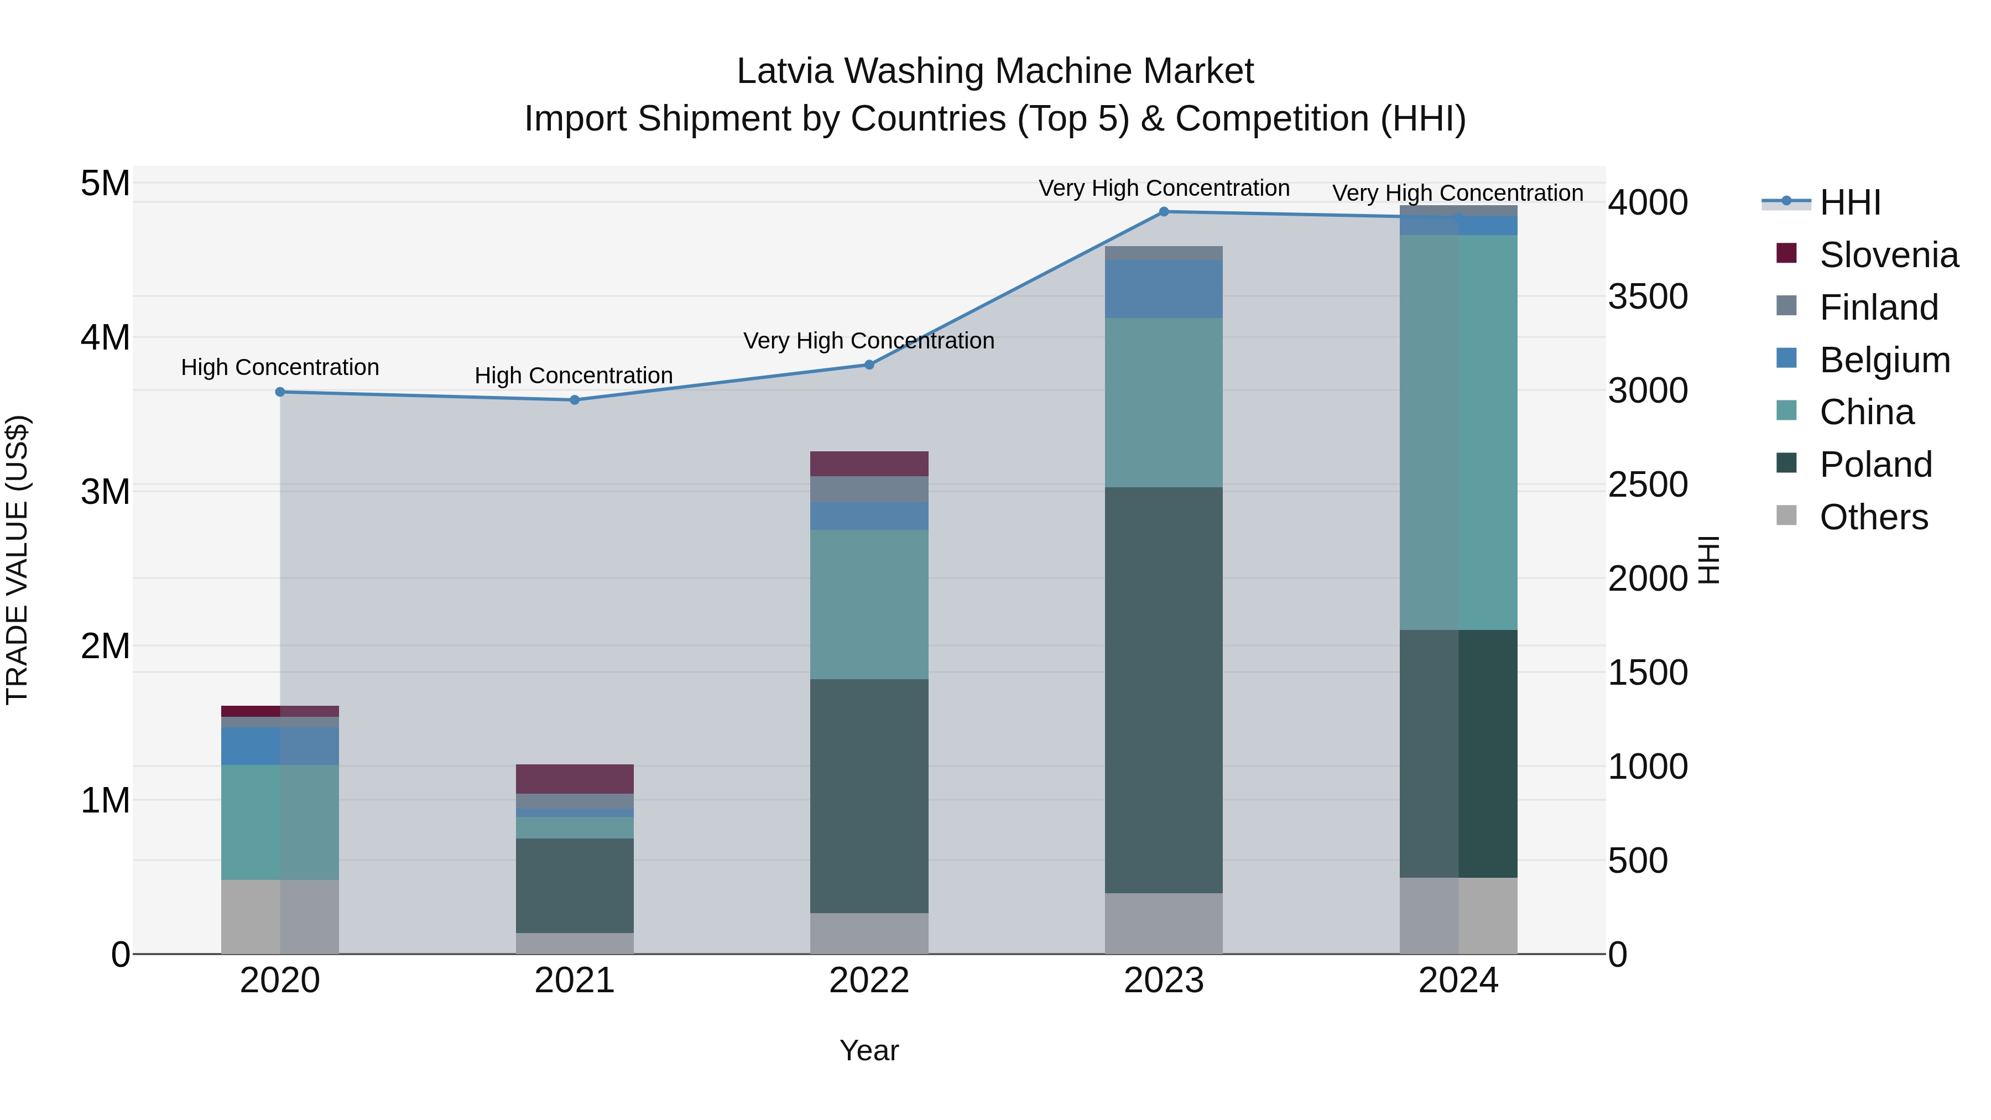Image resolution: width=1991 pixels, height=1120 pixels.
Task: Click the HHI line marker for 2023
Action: coord(1164,211)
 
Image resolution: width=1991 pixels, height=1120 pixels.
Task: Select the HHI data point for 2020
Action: coord(280,392)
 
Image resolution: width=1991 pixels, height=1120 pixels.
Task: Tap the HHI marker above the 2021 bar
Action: coord(574,400)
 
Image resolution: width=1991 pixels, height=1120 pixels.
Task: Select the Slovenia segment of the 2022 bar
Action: coord(869,464)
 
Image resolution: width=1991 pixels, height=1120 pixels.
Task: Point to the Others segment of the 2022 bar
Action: coord(869,933)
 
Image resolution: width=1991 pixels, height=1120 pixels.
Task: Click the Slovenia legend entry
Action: coord(1888,255)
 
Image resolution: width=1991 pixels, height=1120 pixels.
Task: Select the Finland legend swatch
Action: coord(1786,306)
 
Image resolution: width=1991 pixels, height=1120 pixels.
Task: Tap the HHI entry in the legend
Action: coord(1849,202)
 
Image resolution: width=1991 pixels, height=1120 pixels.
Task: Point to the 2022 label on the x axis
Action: coord(869,981)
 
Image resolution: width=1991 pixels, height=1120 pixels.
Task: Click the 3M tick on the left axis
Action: coord(105,492)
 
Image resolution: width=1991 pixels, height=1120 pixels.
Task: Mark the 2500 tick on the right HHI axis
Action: coord(1648,485)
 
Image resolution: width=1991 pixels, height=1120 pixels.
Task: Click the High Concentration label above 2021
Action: coord(574,376)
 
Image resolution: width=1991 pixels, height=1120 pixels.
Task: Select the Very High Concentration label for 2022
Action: coord(869,341)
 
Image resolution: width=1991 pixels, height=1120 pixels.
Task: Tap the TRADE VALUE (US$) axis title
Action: coord(17,560)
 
